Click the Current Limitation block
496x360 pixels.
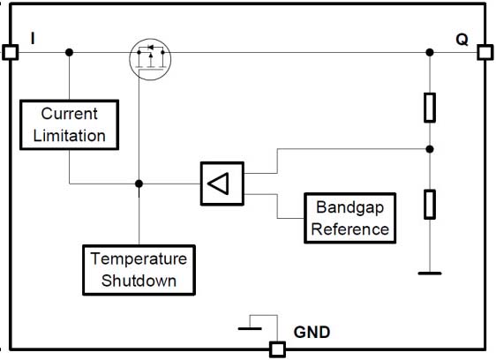(x=69, y=124)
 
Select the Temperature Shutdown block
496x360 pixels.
(x=139, y=270)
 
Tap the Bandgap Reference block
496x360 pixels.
(x=349, y=218)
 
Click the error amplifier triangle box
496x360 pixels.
(x=222, y=184)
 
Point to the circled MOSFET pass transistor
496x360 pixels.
(x=150, y=59)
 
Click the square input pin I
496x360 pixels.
(x=10, y=52)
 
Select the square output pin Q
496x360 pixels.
(x=485, y=52)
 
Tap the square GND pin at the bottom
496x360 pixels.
(x=278, y=349)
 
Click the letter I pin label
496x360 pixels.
(x=33, y=38)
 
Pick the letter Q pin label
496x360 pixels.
(x=462, y=40)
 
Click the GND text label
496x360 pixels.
(x=312, y=332)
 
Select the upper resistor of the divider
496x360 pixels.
(x=430, y=108)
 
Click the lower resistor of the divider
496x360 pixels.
(x=430, y=205)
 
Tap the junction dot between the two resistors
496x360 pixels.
(x=430, y=149)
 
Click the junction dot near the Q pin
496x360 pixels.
(x=430, y=52)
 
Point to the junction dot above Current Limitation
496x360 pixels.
(x=69, y=52)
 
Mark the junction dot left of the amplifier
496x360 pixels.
(x=139, y=184)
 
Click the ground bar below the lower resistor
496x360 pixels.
(x=430, y=274)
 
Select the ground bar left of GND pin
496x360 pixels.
(x=250, y=329)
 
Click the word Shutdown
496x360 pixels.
(x=139, y=281)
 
